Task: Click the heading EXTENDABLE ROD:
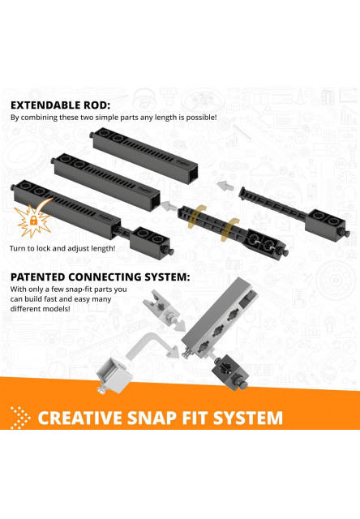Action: click(61, 105)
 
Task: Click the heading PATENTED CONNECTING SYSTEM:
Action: click(101, 277)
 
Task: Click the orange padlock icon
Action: click(33, 220)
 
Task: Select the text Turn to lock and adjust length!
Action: click(62, 248)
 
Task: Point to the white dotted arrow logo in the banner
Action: click(20, 418)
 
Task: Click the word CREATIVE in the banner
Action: click(80, 418)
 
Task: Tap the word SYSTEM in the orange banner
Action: click(248, 418)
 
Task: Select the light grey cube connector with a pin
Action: click(114, 375)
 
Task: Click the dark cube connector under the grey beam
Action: click(229, 371)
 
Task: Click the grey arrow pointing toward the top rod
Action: click(225, 185)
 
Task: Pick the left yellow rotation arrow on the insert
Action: click(196, 217)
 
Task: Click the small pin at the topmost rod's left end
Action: click(91, 135)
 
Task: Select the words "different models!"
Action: click(40, 309)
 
